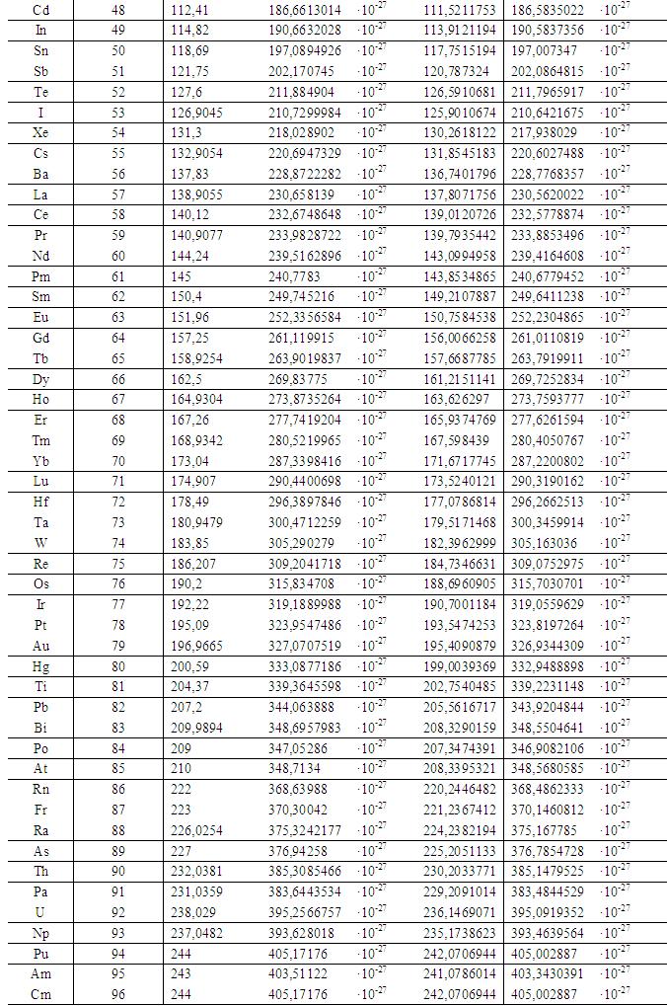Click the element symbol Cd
coord(40,10)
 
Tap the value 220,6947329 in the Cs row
coord(305,153)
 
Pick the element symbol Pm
coord(40,276)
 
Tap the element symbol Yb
coord(40,460)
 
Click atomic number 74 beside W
coord(118,542)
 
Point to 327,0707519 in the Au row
coord(305,645)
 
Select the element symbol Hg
coord(40,665)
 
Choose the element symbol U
coord(40,911)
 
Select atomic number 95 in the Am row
coord(118,973)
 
